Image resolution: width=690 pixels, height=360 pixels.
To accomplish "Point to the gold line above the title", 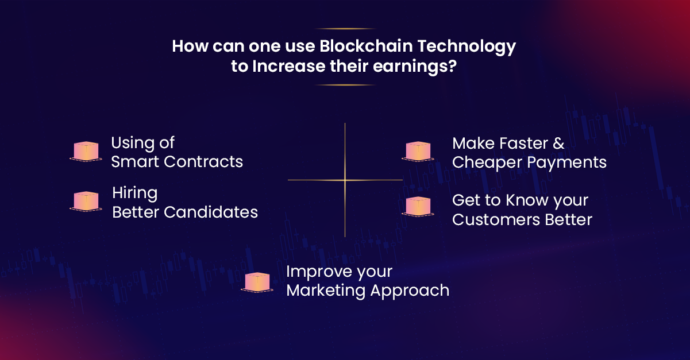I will (x=345, y=29).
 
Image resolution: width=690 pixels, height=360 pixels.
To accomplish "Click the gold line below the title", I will (x=345, y=85).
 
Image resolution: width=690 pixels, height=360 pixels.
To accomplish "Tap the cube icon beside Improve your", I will (x=257, y=282).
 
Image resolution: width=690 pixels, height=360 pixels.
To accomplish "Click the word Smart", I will (x=136, y=162).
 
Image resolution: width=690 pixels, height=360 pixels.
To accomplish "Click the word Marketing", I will (x=325, y=291).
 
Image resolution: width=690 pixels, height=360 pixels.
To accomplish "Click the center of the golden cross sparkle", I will (x=345, y=180).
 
